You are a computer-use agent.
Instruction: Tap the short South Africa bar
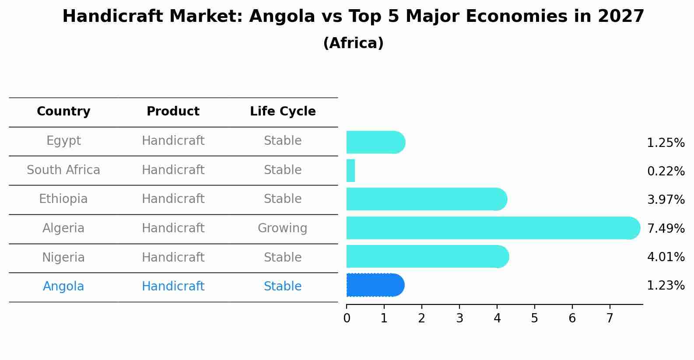(x=351, y=171)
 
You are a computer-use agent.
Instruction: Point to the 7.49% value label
(x=666, y=228)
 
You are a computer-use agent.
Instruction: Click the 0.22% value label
(x=666, y=171)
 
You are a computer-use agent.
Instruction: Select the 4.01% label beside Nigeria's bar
(x=666, y=257)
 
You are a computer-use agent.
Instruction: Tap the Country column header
(x=63, y=112)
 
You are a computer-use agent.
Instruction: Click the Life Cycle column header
(x=283, y=112)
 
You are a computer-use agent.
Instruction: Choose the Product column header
(x=173, y=112)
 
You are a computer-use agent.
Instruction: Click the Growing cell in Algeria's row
(x=282, y=228)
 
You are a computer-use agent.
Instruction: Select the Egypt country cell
(x=63, y=141)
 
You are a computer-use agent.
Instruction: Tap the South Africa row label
(x=63, y=170)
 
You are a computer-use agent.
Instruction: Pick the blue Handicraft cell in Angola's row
(x=173, y=287)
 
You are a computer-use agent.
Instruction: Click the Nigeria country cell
(x=63, y=258)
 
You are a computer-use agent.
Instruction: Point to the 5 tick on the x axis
(x=534, y=318)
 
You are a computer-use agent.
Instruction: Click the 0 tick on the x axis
(x=347, y=318)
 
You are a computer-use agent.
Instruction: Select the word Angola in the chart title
(x=282, y=17)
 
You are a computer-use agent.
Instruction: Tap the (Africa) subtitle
(x=353, y=43)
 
